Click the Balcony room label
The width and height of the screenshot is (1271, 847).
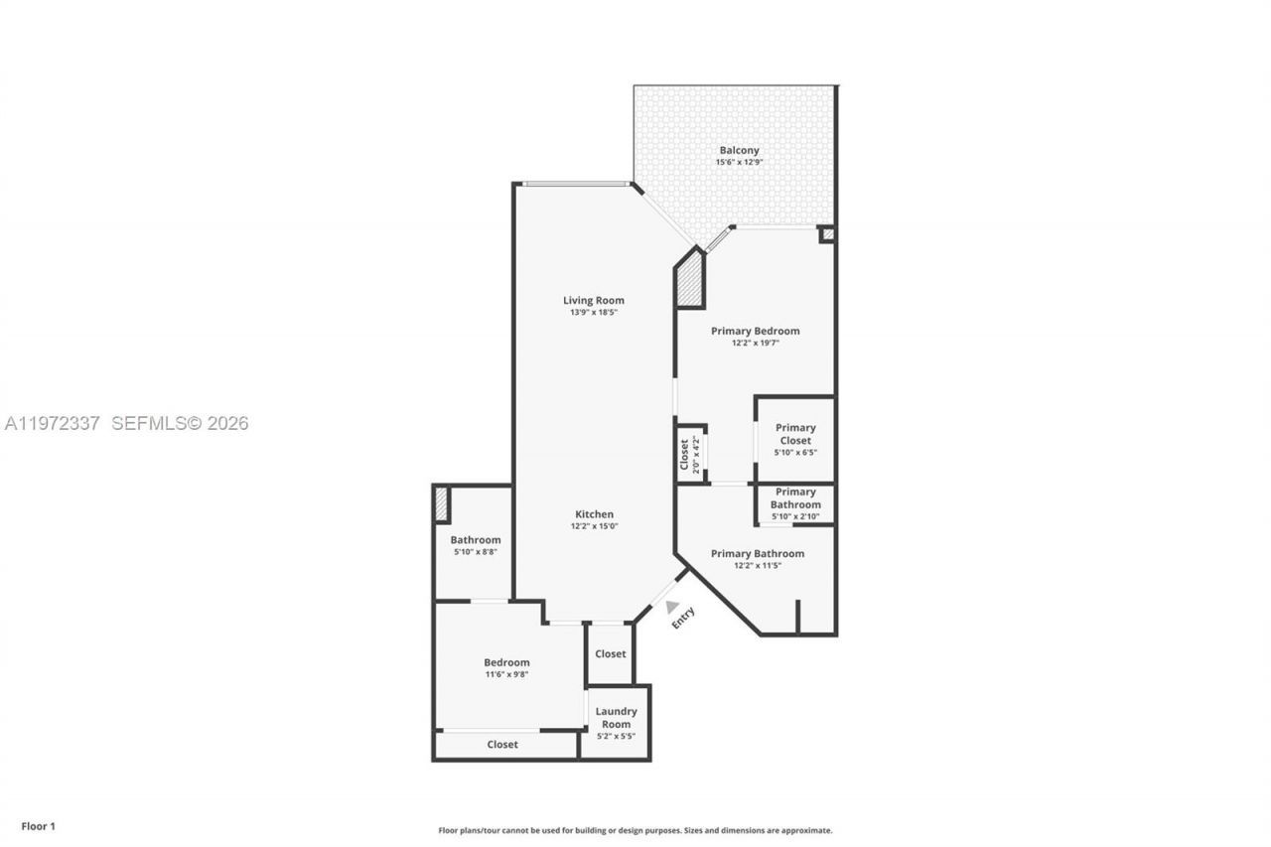click(739, 150)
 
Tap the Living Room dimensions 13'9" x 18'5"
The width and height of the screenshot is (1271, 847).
click(594, 313)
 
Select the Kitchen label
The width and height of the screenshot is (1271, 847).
click(594, 513)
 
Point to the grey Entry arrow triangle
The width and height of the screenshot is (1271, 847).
click(672, 606)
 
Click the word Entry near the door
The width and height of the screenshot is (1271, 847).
click(683, 618)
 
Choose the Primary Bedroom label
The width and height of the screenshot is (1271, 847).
click(755, 331)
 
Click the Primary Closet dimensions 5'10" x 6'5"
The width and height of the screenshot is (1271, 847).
click(795, 453)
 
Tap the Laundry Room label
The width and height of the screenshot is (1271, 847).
click(616, 717)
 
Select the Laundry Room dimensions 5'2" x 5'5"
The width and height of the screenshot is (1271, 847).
click(616, 736)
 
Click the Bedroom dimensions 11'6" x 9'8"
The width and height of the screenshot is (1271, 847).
click(506, 674)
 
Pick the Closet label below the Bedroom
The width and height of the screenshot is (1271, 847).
click(502, 744)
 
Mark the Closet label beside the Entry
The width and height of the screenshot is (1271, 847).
click(610, 653)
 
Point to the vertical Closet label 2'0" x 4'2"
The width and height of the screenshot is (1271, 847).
click(690, 455)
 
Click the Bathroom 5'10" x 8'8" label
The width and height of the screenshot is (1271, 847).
click(476, 540)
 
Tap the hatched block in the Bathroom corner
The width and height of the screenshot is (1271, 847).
click(441, 504)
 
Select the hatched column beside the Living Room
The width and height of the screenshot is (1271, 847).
click(689, 282)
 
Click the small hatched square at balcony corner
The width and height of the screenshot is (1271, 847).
click(826, 234)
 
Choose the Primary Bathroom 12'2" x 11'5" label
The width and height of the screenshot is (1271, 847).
click(757, 553)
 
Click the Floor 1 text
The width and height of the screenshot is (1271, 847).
click(39, 826)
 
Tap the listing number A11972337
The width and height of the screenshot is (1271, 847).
click(53, 424)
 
